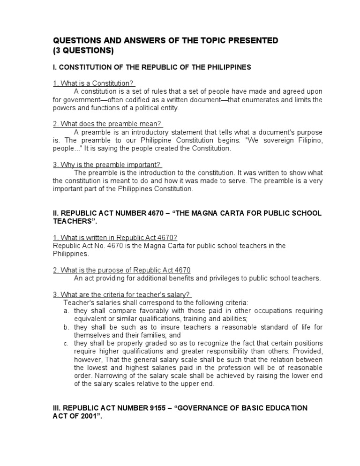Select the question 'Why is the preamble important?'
pyautogui.click(x=107, y=165)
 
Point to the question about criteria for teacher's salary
pyautogui.click(x=121, y=294)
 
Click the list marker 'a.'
pyautogui.click(x=66, y=311)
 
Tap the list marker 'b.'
pyautogui.click(x=66, y=327)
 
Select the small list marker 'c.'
pyautogui.click(x=66, y=344)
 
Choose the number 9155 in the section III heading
pyautogui.click(x=140, y=408)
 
